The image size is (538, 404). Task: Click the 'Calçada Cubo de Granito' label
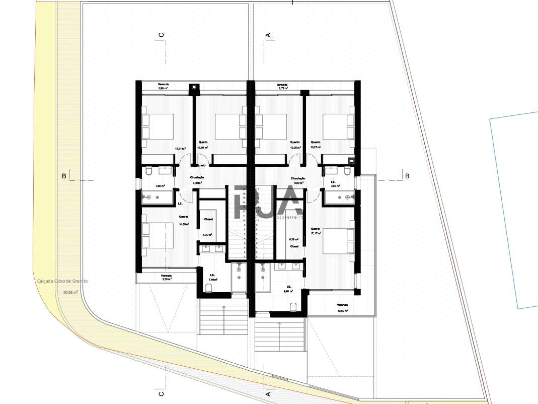(62, 282)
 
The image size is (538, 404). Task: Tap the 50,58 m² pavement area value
(70, 292)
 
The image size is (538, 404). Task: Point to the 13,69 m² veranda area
(342, 311)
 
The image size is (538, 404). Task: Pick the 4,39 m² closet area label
(207, 235)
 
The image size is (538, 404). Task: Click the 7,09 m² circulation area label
(196, 183)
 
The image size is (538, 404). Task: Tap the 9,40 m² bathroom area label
(288, 291)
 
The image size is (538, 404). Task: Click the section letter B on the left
(64, 176)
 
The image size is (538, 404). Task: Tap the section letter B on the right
(407, 176)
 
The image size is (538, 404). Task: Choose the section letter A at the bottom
(268, 393)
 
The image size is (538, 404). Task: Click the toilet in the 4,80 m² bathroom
(148, 172)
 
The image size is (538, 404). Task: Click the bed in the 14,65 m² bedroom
(158, 235)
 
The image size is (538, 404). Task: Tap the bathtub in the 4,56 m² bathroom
(341, 197)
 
